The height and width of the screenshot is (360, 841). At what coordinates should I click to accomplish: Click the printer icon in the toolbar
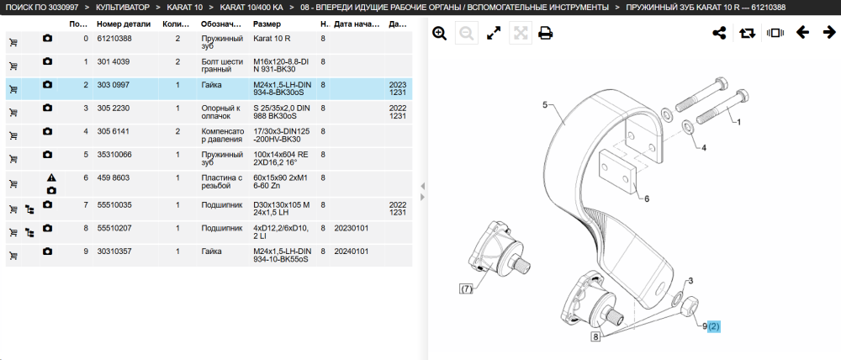[x=546, y=34]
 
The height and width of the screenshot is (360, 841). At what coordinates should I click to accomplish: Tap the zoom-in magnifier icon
[x=440, y=34]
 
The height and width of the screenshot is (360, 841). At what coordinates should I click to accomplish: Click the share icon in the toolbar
[x=719, y=34]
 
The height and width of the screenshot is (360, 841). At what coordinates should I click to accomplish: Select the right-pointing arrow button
[x=829, y=34]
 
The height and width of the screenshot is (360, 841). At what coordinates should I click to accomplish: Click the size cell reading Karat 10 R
[x=272, y=39]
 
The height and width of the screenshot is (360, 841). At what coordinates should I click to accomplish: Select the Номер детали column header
[x=124, y=24]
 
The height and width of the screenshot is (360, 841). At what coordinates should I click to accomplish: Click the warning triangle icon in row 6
[x=51, y=177]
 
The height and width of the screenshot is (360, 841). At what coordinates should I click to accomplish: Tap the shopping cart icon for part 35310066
[x=13, y=159]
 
